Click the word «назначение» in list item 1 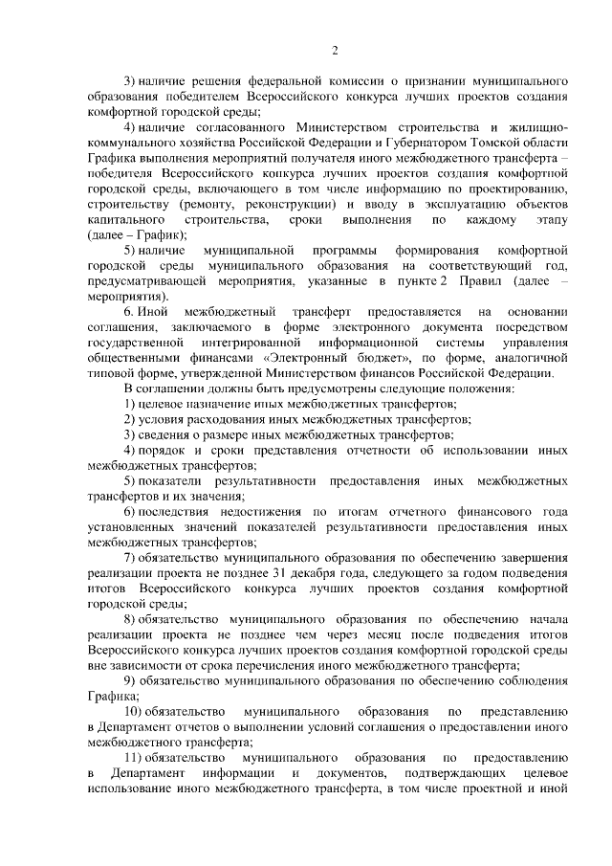pyautogui.click(x=207, y=405)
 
